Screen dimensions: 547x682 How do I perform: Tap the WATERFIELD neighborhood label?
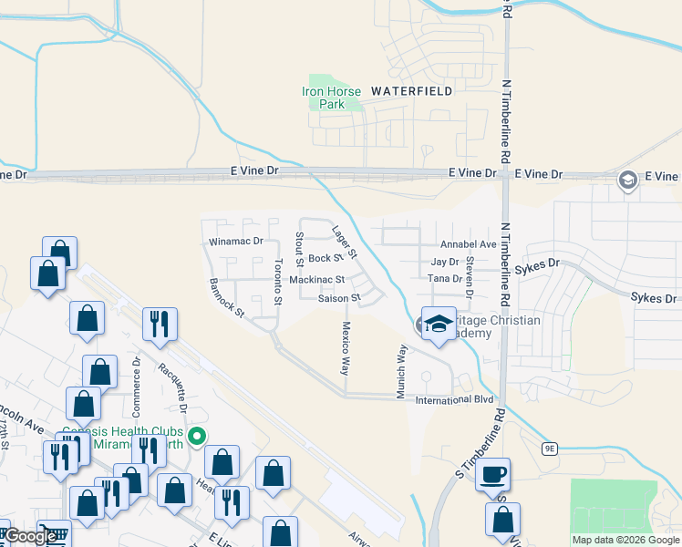point(411,91)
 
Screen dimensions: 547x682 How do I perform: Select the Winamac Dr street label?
point(235,242)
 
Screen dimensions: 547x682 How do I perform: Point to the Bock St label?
point(325,259)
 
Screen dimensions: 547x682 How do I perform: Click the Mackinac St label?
point(316,280)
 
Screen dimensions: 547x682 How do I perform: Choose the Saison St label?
point(339,298)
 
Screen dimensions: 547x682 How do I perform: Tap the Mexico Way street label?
point(345,347)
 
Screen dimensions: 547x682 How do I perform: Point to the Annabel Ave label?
point(468,244)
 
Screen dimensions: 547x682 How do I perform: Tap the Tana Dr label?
point(439,278)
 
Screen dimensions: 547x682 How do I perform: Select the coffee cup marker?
point(493,475)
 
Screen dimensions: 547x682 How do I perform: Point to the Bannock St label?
point(227,298)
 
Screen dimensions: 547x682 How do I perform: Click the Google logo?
point(29,536)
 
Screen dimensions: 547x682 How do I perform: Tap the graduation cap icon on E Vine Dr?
point(627,180)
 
